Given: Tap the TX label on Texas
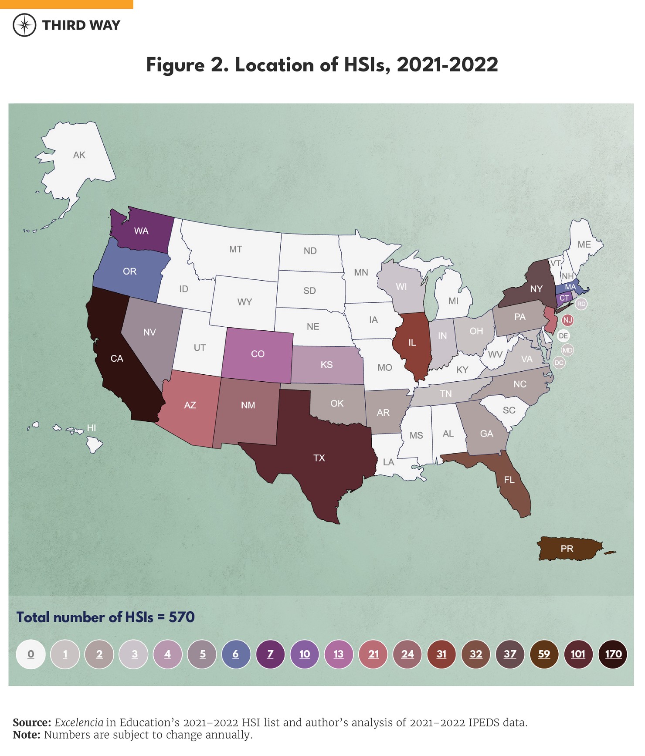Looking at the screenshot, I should (x=319, y=458).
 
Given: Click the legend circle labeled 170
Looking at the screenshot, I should (x=613, y=654).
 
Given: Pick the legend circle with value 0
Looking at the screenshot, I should (x=31, y=654).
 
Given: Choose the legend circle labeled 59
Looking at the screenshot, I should (x=544, y=654).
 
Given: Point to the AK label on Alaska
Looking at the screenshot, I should (x=79, y=155).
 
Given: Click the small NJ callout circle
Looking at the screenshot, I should (x=567, y=320).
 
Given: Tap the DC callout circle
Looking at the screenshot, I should (x=559, y=363).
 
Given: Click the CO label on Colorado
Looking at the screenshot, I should (x=258, y=354).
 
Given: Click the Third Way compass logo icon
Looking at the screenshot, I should (x=24, y=25).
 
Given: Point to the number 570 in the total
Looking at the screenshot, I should (x=182, y=617).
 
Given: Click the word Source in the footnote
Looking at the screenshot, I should (x=32, y=722).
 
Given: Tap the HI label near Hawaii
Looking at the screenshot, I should (x=91, y=428).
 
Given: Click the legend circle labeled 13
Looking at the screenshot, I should (x=339, y=654).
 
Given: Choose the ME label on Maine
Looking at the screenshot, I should (x=584, y=244).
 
